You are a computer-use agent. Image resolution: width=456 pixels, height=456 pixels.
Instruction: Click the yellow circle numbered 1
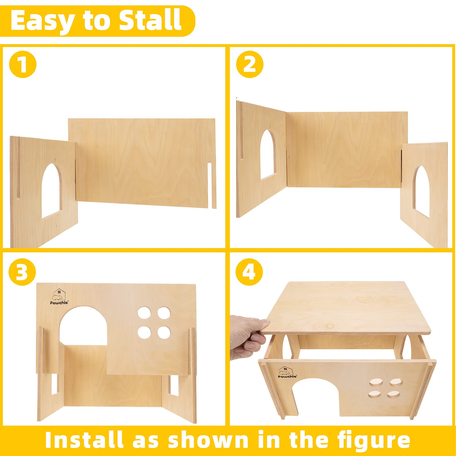point(23,64)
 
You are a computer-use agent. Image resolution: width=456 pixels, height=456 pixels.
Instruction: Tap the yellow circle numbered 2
point(250,64)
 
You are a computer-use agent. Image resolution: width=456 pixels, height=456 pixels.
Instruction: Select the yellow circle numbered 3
point(22,272)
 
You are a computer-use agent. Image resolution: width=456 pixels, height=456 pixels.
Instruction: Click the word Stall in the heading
point(150,20)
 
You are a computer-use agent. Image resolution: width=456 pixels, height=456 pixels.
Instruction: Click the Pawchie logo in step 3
point(59,298)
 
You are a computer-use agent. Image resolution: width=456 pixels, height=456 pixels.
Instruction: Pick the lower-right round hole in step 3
point(164,332)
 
